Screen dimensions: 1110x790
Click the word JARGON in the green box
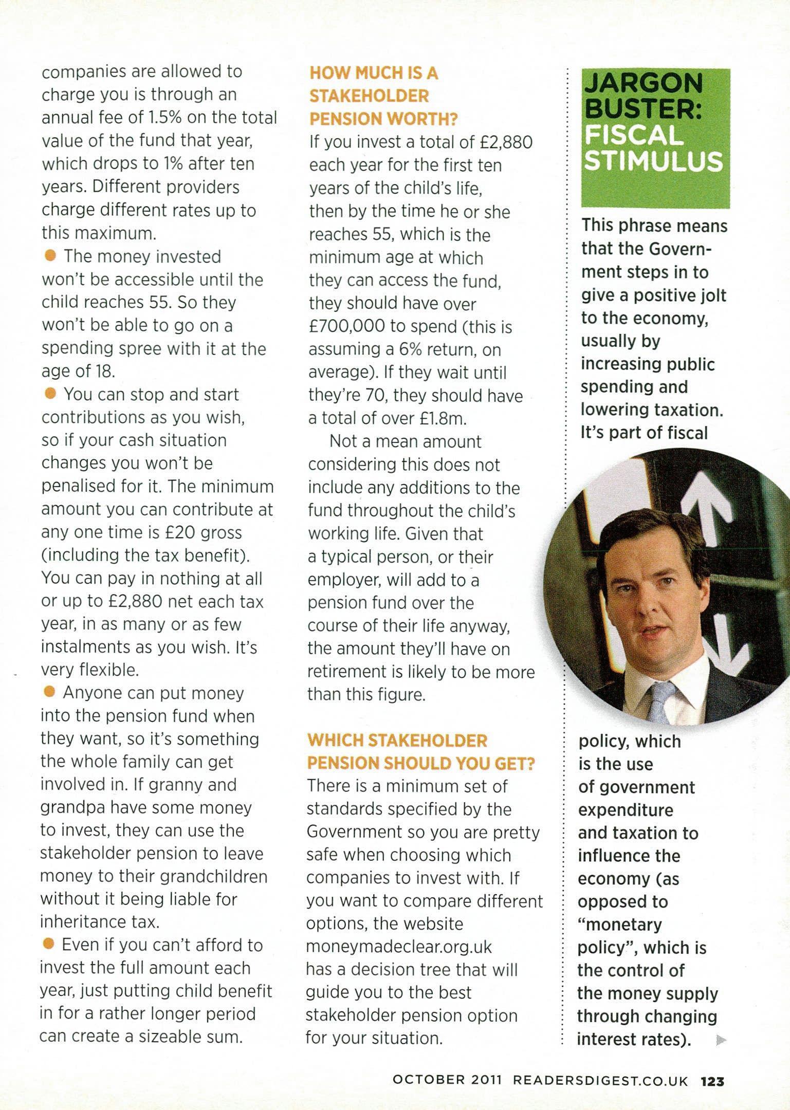coord(644,83)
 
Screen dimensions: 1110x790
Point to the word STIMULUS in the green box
coord(654,161)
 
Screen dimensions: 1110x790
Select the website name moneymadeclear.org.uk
coord(399,947)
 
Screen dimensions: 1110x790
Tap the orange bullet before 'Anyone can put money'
coord(49,692)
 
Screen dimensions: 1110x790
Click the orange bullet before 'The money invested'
coord(50,255)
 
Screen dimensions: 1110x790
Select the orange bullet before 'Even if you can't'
coord(49,944)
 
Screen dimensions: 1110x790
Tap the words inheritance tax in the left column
coord(100,922)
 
